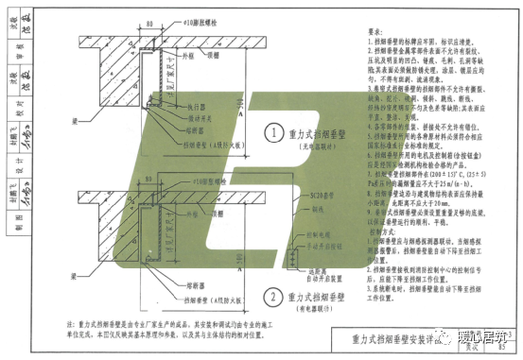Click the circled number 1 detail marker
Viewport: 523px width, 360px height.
pyautogui.click(x=271, y=132)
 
